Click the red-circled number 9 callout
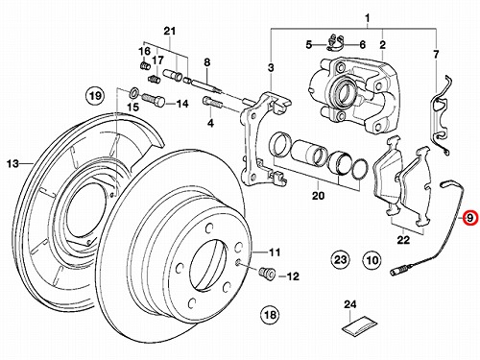coord(469,218)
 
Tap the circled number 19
coord(95,96)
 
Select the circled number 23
coord(340,259)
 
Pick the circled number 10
coord(372,260)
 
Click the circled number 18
coord(270,314)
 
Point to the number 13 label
coord(13,164)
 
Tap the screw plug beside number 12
coord(267,274)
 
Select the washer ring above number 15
coord(133,93)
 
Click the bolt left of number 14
coord(153,100)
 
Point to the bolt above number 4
coord(212,103)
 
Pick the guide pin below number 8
coord(207,86)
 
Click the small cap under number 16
coord(145,65)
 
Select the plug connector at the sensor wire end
coord(397,273)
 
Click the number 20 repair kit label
coord(318,195)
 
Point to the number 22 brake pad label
coord(403,239)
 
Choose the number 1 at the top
coord(368,17)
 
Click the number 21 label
coord(170,32)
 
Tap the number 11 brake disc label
coord(275,252)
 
